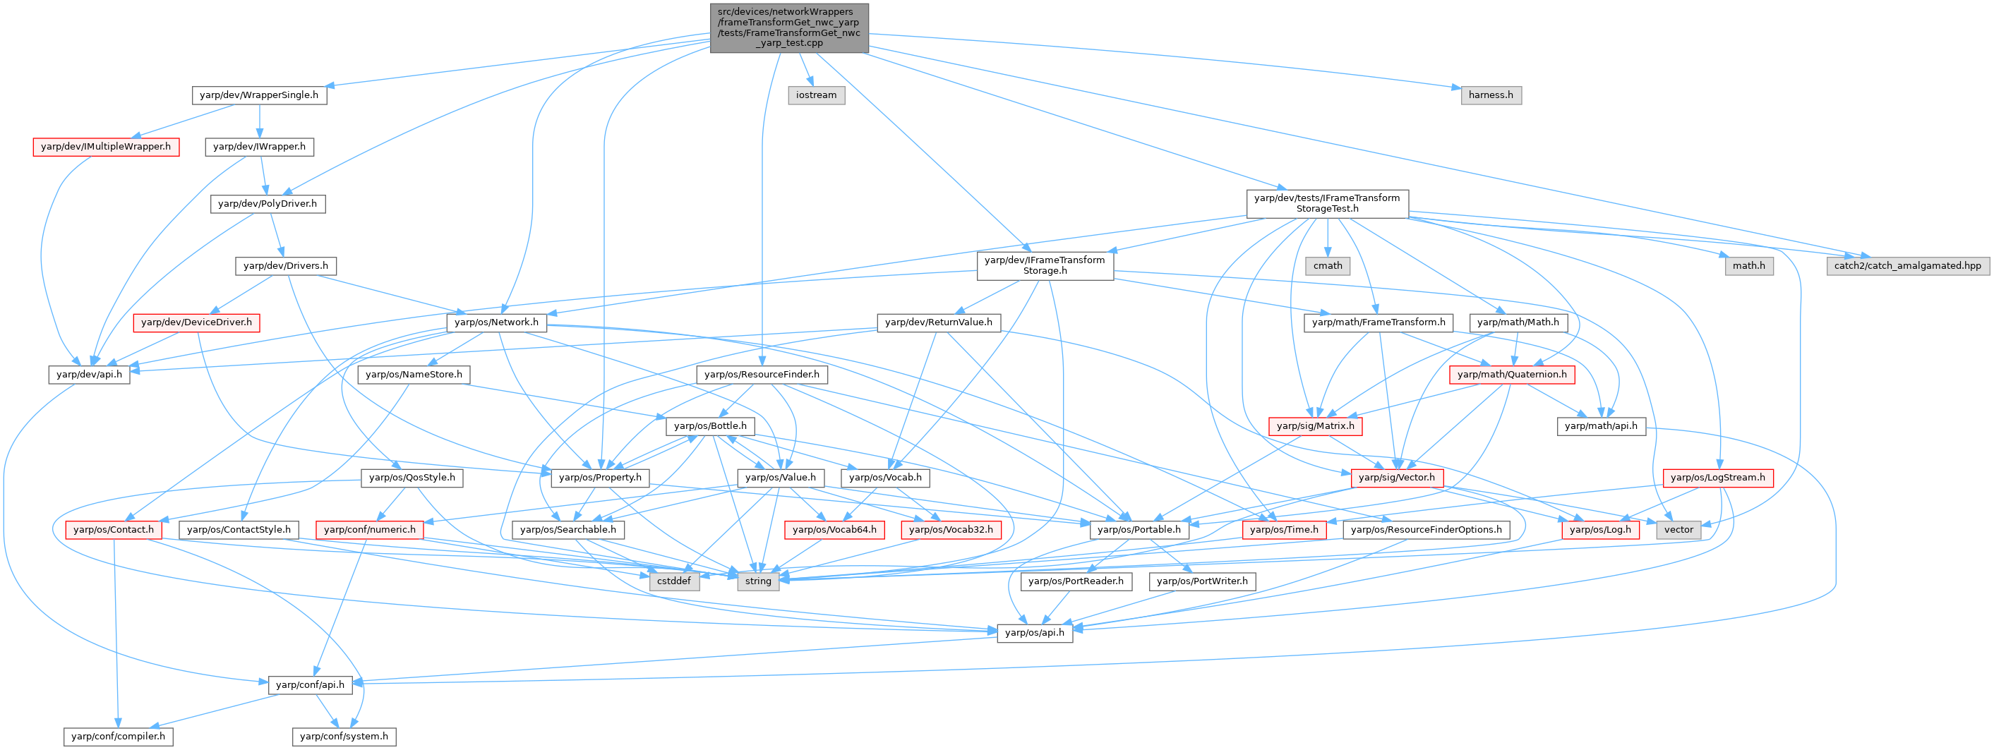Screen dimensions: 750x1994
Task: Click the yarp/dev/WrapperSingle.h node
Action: (258, 95)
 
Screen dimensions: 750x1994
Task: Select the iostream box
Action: (816, 95)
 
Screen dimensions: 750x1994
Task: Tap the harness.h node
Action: (1490, 95)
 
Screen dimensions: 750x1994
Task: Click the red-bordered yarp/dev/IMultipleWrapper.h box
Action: (106, 146)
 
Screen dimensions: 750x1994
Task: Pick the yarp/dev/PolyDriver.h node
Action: (267, 204)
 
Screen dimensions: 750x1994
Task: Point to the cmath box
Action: (1328, 265)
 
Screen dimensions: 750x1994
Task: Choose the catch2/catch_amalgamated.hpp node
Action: (1907, 265)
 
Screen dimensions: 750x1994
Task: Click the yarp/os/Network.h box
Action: (496, 322)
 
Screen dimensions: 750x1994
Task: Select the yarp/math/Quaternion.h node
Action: (1511, 375)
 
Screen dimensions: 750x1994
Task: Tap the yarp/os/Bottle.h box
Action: (710, 425)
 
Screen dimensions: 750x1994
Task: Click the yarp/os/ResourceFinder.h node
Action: (762, 375)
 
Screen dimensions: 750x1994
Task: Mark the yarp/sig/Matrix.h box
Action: (1315, 425)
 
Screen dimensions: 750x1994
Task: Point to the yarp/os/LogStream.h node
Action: (1717, 478)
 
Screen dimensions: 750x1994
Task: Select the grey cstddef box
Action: (673, 581)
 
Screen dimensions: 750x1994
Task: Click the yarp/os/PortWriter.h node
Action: (1201, 581)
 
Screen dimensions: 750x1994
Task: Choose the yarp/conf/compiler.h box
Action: (119, 736)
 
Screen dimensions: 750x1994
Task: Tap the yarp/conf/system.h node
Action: (344, 736)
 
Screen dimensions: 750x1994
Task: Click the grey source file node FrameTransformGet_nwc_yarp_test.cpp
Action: (788, 28)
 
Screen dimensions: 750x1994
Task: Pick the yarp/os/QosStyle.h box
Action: (412, 478)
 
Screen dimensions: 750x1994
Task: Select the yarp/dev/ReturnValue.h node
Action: (938, 322)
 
